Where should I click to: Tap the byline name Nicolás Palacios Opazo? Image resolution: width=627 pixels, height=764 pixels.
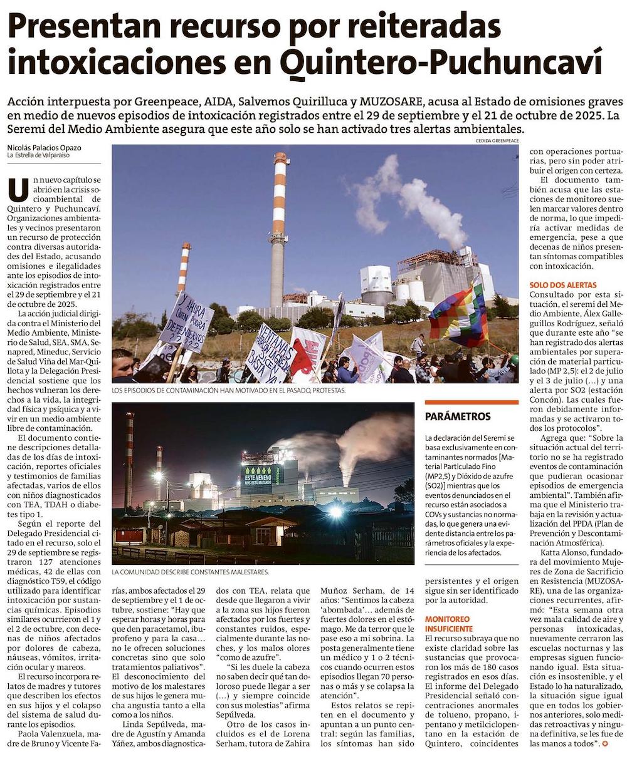pos(44,148)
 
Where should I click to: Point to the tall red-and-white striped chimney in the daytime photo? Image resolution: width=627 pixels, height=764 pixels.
pos(279,225)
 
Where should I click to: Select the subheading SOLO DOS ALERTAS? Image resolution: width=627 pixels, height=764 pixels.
pos(560,284)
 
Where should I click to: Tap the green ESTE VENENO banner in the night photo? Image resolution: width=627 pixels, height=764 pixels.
pos(261,475)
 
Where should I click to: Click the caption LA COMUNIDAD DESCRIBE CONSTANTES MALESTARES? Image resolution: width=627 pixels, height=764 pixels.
pos(191,572)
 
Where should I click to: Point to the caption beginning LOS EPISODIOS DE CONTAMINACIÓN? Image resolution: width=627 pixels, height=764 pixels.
pos(228,390)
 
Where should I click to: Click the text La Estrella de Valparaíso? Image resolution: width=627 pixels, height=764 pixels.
pos(39,155)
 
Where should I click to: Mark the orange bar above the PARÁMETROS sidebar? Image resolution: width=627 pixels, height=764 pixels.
pos(471,402)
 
